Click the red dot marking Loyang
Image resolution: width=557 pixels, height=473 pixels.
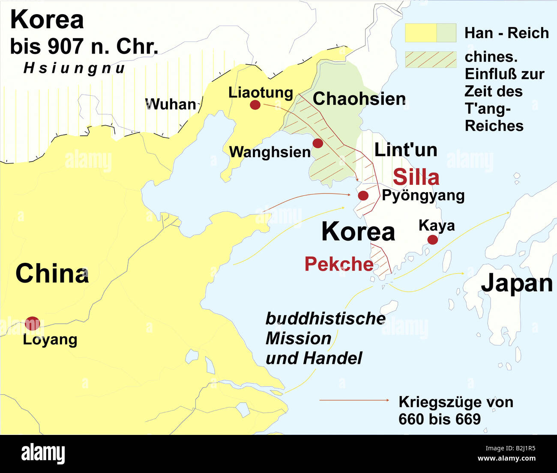(x=32, y=324)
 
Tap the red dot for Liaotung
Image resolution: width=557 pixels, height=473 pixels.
(x=255, y=104)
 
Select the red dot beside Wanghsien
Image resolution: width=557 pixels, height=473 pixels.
(x=317, y=143)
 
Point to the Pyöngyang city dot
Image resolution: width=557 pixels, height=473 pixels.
(x=363, y=196)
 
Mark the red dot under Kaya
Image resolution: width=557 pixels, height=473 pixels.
(x=432, y=239)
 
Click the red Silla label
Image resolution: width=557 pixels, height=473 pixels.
(x=416, y=177)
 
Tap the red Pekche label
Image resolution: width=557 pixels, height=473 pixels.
(x=338, y=264)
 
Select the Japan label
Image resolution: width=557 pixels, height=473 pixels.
(x=516, y=283)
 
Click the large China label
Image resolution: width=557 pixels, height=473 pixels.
(x=52, y=274)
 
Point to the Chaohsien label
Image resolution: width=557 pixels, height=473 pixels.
(x=359, y=99)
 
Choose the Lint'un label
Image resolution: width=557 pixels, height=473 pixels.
(x=405, y=150)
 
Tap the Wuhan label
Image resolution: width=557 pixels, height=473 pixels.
(x=170, y=104)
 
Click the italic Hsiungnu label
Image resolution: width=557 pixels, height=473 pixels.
(x=74, y=68)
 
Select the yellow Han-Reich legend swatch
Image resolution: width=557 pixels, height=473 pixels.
(x=421, y=33)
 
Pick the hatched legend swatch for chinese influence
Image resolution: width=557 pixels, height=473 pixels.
(x=431, y=59)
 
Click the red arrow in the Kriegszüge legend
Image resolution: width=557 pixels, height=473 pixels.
(x=354, y=400)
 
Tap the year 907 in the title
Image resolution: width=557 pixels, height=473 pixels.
(x=63, y=46)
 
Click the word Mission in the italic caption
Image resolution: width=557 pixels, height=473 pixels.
(x=298, y=339)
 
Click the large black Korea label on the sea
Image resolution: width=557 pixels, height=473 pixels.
(x=358, y=232)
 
